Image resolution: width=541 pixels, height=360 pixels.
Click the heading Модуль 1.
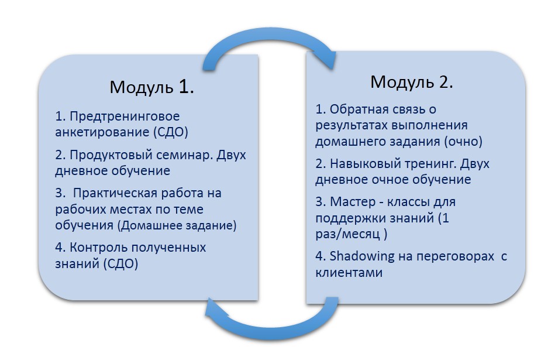click(151, 87)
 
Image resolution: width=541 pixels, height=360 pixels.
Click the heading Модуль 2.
click(412, 82)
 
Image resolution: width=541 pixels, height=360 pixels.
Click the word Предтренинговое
click(125, 115)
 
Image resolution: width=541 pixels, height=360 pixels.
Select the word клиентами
click(349, 273)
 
